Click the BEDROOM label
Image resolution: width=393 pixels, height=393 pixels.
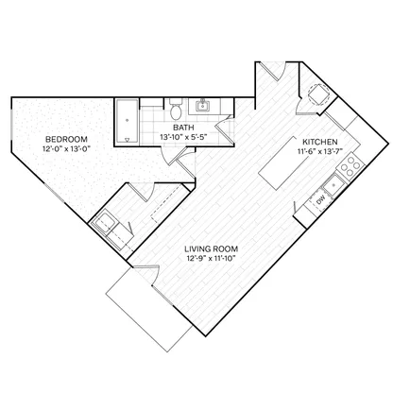pyautogui.click(x=66, y=139)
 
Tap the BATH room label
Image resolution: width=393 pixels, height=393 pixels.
pyautogui.click(x=183, y=128)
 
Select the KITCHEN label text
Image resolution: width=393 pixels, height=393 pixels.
pyautogui.click(x=320, y=142)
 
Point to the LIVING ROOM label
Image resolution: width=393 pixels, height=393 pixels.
pyautogui.click(x=212, y=249)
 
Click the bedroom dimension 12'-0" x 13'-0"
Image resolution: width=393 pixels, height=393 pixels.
pyautogui.click(x=66, y=148)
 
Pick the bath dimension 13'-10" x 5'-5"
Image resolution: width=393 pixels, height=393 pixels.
pyautogui.click(x=183, y=137)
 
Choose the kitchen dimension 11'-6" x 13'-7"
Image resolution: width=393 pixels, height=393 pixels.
pyautogui.click(x=320, y=151)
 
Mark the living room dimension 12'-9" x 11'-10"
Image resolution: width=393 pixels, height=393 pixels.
pyautogui.click(x=212, y=258)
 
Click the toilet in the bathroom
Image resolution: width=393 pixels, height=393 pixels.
pyautogui.click(x=176, y=110)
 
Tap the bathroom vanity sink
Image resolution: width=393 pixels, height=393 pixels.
pyautogui.click(x=202, y=106)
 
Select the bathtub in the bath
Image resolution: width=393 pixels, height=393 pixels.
pyautogui.click(x=127, y=122)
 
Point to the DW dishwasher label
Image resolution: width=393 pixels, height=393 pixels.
pyautogui.click(x=321, y=200)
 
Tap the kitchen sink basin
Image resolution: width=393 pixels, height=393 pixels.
pyautogui.click(x=333, y=184)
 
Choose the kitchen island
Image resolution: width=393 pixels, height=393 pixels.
pyautogui.click(x=283, y=162)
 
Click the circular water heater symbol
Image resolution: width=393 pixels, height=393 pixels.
pyautogui.click(x=318, y=94)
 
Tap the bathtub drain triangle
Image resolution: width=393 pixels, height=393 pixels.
pyautogui.click(x=127, y=140)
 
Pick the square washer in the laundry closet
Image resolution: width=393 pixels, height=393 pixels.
pyautogui.click(x=105, y=221)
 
